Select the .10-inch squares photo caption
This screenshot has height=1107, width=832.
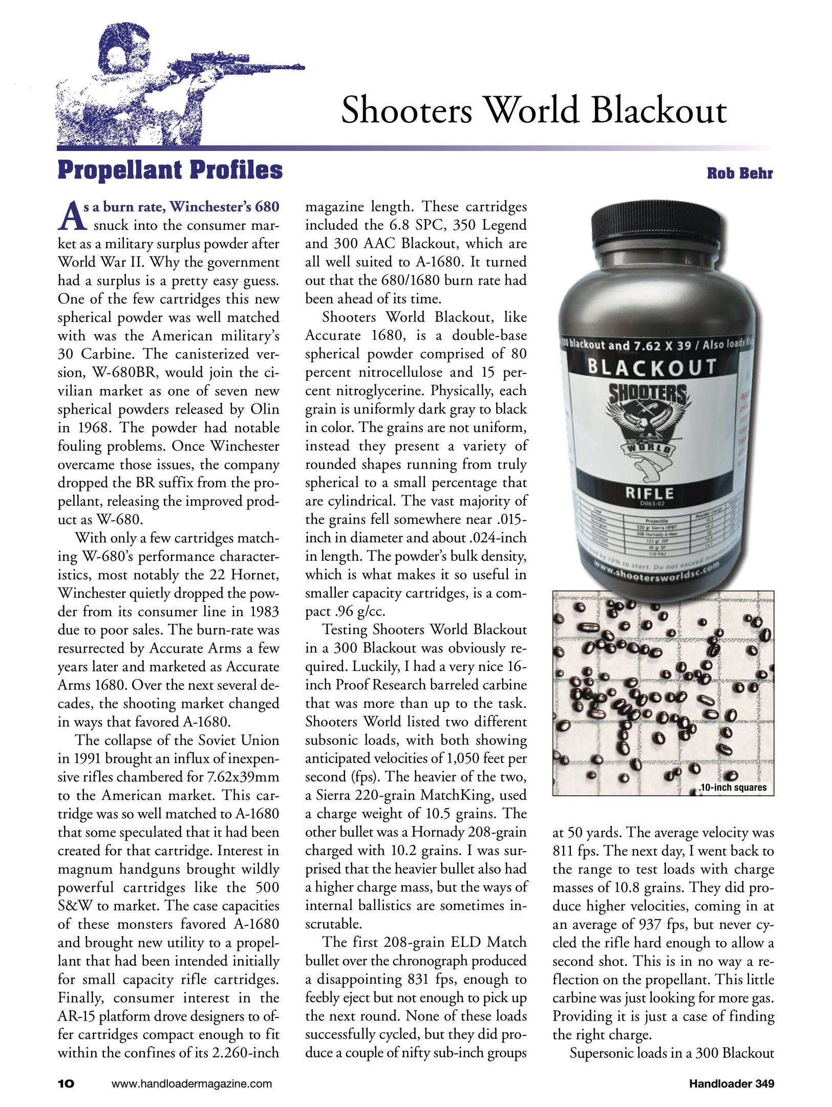pyautogui.click(x=733, y=787)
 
